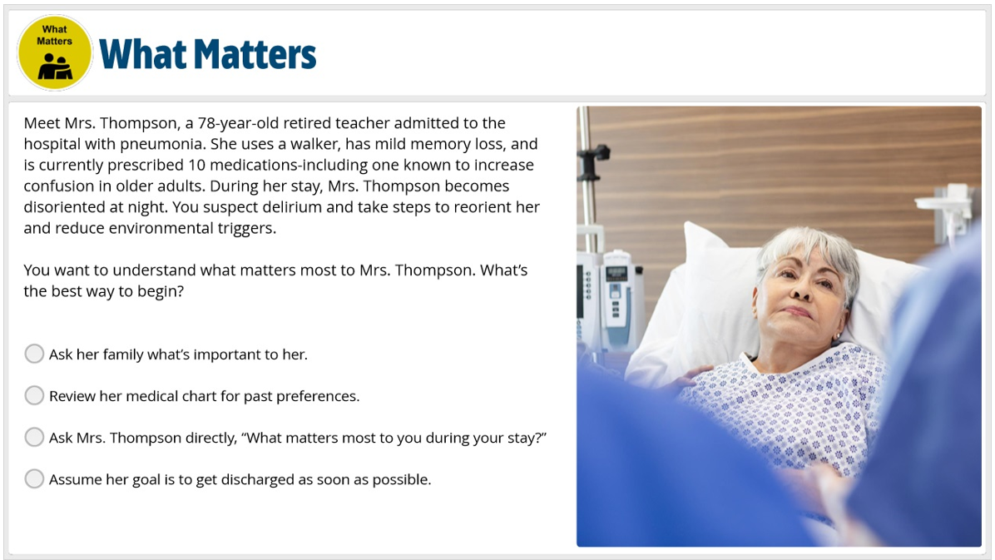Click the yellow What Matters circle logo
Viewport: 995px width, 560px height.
[55, 52]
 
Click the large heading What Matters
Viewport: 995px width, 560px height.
[207, 54]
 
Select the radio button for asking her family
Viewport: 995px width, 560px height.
[34, 354]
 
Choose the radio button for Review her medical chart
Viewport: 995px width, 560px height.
[34, 395]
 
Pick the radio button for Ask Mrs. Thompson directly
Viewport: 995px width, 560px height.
[34, 437]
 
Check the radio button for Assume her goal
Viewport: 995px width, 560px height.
[34, 478]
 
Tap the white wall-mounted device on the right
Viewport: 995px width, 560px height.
[948, 208]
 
